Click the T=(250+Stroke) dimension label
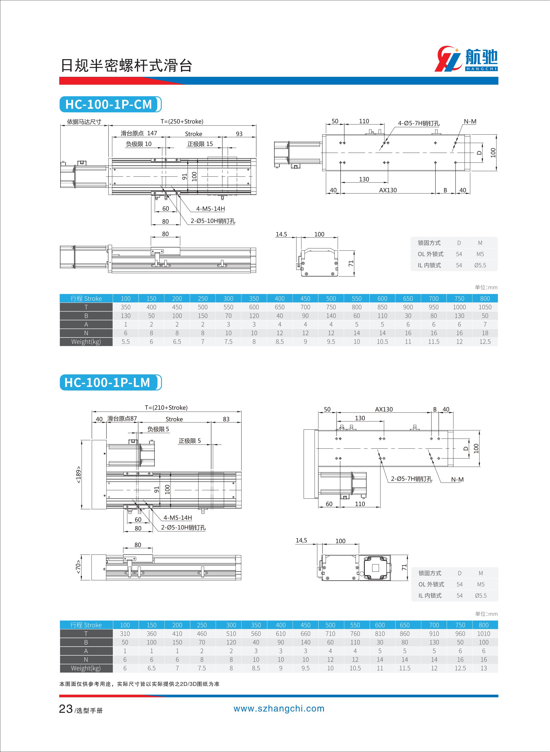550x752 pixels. (182, 121)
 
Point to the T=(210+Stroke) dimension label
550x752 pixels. (166, 407)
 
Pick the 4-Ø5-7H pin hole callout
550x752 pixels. (418, 123)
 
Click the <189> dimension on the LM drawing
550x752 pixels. (78, 474)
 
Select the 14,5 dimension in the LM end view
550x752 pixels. (301, 540)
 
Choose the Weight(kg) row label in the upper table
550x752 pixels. (86, 342)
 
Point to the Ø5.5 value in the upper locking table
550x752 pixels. (480, 265)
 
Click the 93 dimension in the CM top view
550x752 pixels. (239, 134)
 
